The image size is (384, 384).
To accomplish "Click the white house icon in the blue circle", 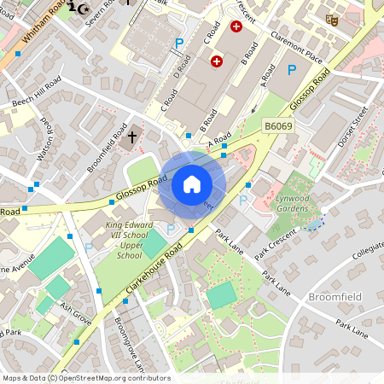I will (x=192, y=183).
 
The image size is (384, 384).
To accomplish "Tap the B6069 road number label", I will (x=277, y=126).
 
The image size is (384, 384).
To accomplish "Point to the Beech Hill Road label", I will (x=36, y=94).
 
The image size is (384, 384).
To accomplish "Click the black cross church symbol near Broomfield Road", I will (x=132, y=137).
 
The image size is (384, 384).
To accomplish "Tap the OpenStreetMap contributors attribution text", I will (x=85, y=378).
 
